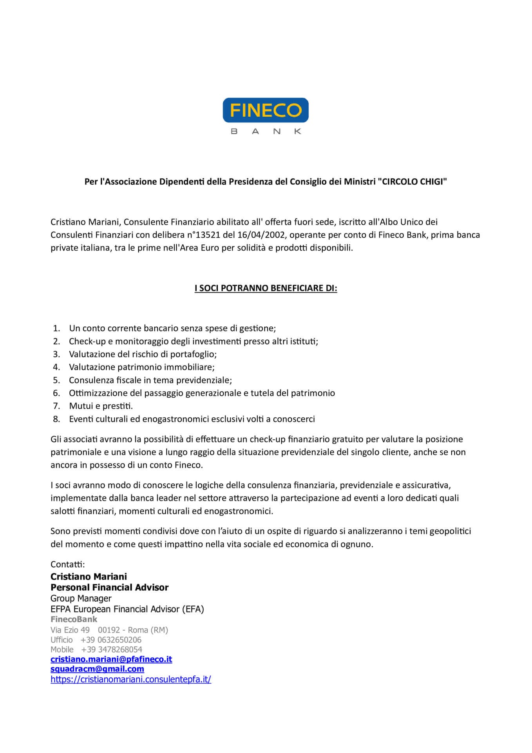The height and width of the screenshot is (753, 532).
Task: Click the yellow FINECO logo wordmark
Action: [x=265, y=110]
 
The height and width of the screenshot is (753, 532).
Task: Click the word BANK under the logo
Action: [x=266, y=132]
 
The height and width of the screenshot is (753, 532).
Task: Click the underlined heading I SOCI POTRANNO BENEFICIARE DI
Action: [x=266, y=288]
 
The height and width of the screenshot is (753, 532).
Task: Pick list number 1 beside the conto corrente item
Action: [x=56, y=328]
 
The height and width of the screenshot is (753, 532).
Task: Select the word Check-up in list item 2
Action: [x=85, y=341]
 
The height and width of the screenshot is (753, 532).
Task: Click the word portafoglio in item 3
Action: [x=193, y=354]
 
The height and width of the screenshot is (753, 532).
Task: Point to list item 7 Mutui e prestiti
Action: [x=101, y=406]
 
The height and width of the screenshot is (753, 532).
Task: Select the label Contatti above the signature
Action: [x=68, y=564]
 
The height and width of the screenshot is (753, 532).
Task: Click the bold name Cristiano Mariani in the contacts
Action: [x=89, y=576]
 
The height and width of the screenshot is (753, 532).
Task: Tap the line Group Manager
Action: [x=81, y=598]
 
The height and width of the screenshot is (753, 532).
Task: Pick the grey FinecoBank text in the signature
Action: [x=74, y=619]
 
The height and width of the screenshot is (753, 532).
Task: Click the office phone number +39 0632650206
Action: [x=111, y=640]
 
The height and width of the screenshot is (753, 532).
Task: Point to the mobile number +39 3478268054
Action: [x=112, y=649]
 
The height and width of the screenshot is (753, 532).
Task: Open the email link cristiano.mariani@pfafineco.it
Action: [x=111, y=659]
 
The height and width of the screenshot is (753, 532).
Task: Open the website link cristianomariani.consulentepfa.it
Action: [x=131, y=680]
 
